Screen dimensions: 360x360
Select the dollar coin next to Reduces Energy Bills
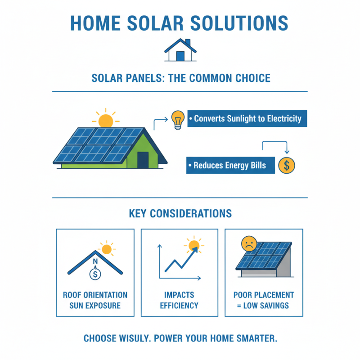click(x=287, y=166)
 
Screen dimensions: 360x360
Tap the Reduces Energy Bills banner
click(x=230, y=166)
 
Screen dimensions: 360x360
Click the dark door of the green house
click(x=143, y=160)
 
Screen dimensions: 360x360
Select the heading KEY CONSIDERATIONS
click(x=180, y=213)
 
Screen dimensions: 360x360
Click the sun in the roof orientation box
click(x=107, y=249)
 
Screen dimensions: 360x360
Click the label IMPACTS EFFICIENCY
click(x=180, y=300)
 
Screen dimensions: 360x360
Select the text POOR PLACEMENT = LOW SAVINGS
click(x=264, y=300)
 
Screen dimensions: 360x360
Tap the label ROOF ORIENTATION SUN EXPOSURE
click(x=95, y=300)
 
